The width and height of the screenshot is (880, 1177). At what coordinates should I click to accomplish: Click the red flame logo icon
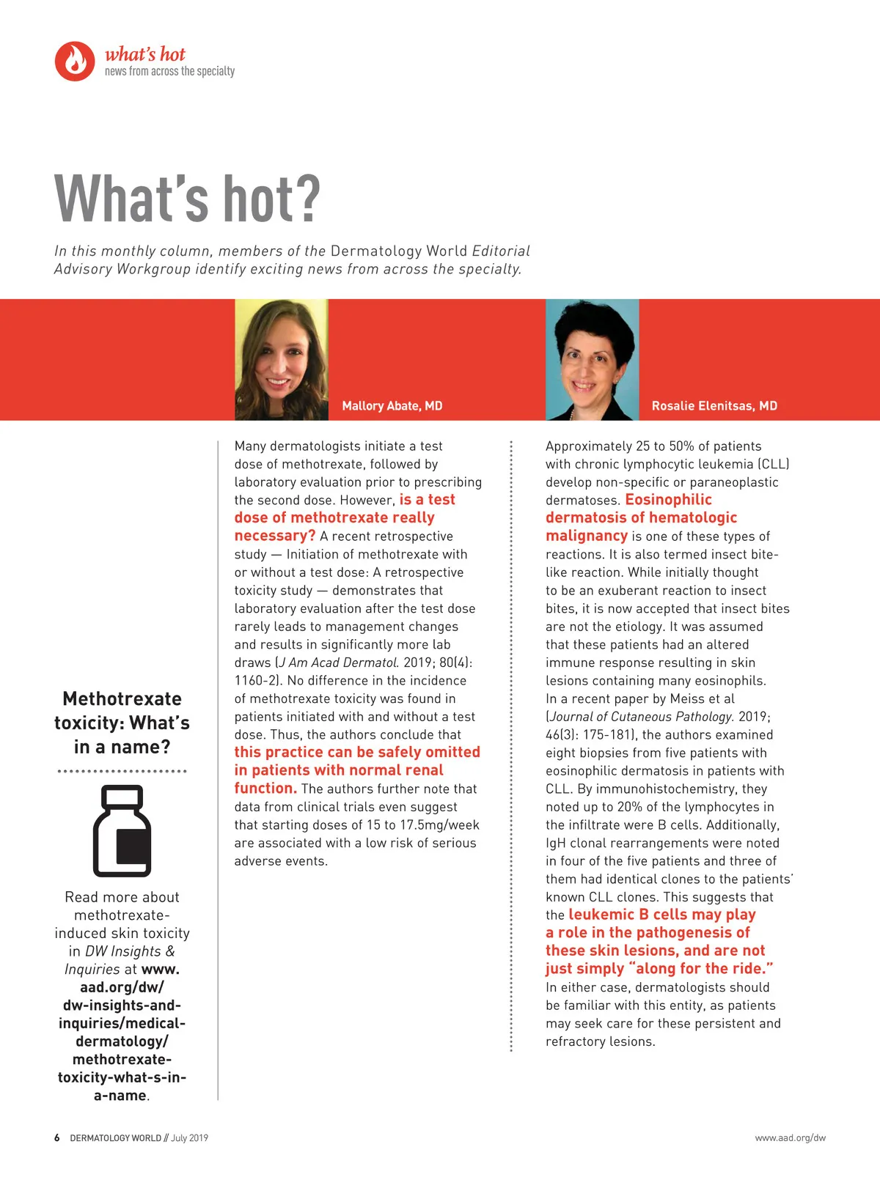[x=75, y=61]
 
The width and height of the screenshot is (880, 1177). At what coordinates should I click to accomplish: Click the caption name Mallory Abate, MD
[x=392, y=406]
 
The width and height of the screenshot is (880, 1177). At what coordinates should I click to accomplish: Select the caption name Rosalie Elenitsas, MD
[x=714, y=406]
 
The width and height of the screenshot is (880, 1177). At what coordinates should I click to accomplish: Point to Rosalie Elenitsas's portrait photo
[x=592, y=359]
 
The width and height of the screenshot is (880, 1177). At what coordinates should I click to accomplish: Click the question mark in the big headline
[x=307, y=199]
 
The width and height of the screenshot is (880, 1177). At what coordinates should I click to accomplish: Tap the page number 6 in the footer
[x=57, y=1138]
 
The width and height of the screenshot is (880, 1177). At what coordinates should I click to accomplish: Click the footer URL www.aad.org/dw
[x=790, y=1138]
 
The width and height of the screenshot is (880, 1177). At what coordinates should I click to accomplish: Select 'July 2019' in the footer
[x=189, y=1138]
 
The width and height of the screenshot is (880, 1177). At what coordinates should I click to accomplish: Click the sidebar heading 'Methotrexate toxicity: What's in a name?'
[x=122, y=723]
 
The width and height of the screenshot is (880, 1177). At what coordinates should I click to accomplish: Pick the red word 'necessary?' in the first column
[x=274, y=536]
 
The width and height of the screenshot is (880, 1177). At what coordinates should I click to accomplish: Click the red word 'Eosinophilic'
[x=668, y=500]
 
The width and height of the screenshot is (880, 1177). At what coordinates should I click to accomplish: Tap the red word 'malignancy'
[x=587, y=536]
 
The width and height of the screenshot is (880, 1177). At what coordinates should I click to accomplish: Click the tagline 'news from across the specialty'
[x=169, y=72]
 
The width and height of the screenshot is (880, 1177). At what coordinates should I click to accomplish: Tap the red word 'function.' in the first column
[x=265, y=789]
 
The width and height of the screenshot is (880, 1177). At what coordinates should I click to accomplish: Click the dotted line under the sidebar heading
[x=122, y=771]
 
